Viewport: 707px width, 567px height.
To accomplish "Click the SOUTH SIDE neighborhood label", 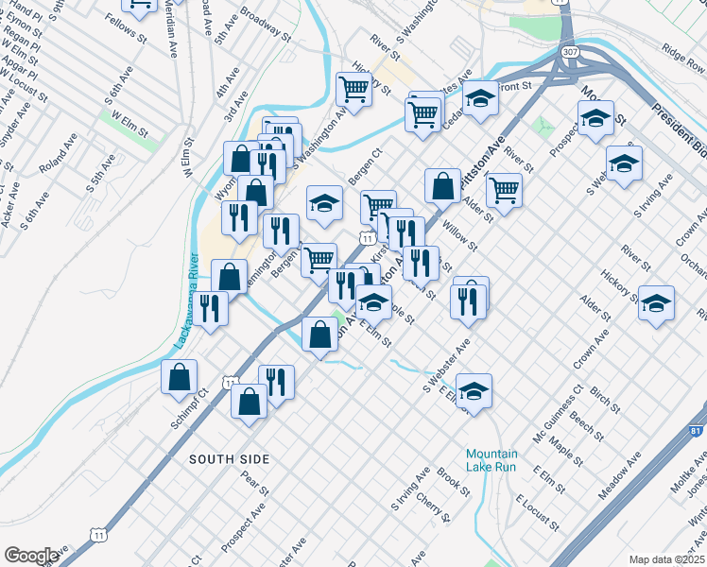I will [229, 459].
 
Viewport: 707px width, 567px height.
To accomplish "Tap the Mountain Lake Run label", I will [491, 460].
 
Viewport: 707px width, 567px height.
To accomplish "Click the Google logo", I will [30, 556].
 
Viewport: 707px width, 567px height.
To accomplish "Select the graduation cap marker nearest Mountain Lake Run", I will [474, 389].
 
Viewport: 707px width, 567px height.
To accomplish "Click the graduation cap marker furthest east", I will [656, 303].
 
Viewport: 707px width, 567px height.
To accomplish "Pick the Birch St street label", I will [604, 400].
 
